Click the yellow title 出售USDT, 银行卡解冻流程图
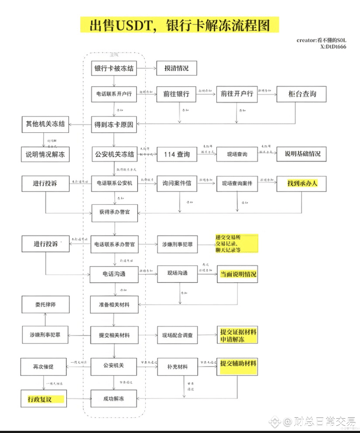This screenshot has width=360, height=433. [179, 25]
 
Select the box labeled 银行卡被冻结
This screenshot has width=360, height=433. [114, 69]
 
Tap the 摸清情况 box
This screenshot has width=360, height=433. [177, 69]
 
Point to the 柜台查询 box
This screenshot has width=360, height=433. [302, 94]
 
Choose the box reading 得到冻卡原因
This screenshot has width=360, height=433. [114, 124]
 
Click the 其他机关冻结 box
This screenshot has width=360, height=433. [45, 124]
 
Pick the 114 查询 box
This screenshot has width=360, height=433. [177, 154]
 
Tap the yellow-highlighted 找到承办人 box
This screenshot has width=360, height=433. [302, 184]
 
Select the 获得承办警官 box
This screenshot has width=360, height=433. [114, 212]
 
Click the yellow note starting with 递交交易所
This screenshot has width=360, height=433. [236, 244]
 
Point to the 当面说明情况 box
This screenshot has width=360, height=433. [237, 274]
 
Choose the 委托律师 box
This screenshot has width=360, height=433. [46, 304]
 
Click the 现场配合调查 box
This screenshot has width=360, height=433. [177, 335]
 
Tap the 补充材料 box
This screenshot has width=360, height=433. [177, 367]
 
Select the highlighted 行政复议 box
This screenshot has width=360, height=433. [44, 399]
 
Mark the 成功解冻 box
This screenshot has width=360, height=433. [114, 399]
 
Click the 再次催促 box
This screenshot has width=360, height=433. [43, 367]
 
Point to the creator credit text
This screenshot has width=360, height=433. [322, 43]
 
